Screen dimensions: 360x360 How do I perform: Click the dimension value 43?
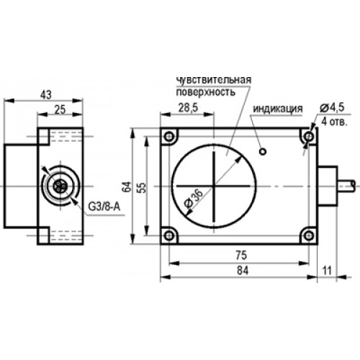46,95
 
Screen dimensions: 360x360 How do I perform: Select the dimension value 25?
60,109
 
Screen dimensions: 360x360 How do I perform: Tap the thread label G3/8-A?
104,207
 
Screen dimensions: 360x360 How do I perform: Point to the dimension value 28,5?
188,108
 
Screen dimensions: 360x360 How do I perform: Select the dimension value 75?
241,256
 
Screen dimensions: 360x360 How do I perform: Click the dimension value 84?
243,271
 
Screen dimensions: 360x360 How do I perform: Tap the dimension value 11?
327,271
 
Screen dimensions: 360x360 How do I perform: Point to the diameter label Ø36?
194,200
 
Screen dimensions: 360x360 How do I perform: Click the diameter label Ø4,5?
332,107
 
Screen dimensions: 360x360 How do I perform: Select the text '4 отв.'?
334,122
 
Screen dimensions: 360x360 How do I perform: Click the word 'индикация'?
278,109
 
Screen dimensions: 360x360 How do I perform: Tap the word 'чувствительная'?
214,80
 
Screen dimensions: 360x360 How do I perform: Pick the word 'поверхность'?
206,92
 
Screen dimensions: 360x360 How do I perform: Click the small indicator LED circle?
263,151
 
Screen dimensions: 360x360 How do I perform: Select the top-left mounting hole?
169,137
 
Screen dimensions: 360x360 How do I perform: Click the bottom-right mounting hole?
309,235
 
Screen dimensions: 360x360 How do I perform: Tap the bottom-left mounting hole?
169,235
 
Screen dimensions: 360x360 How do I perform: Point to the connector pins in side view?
58,186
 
